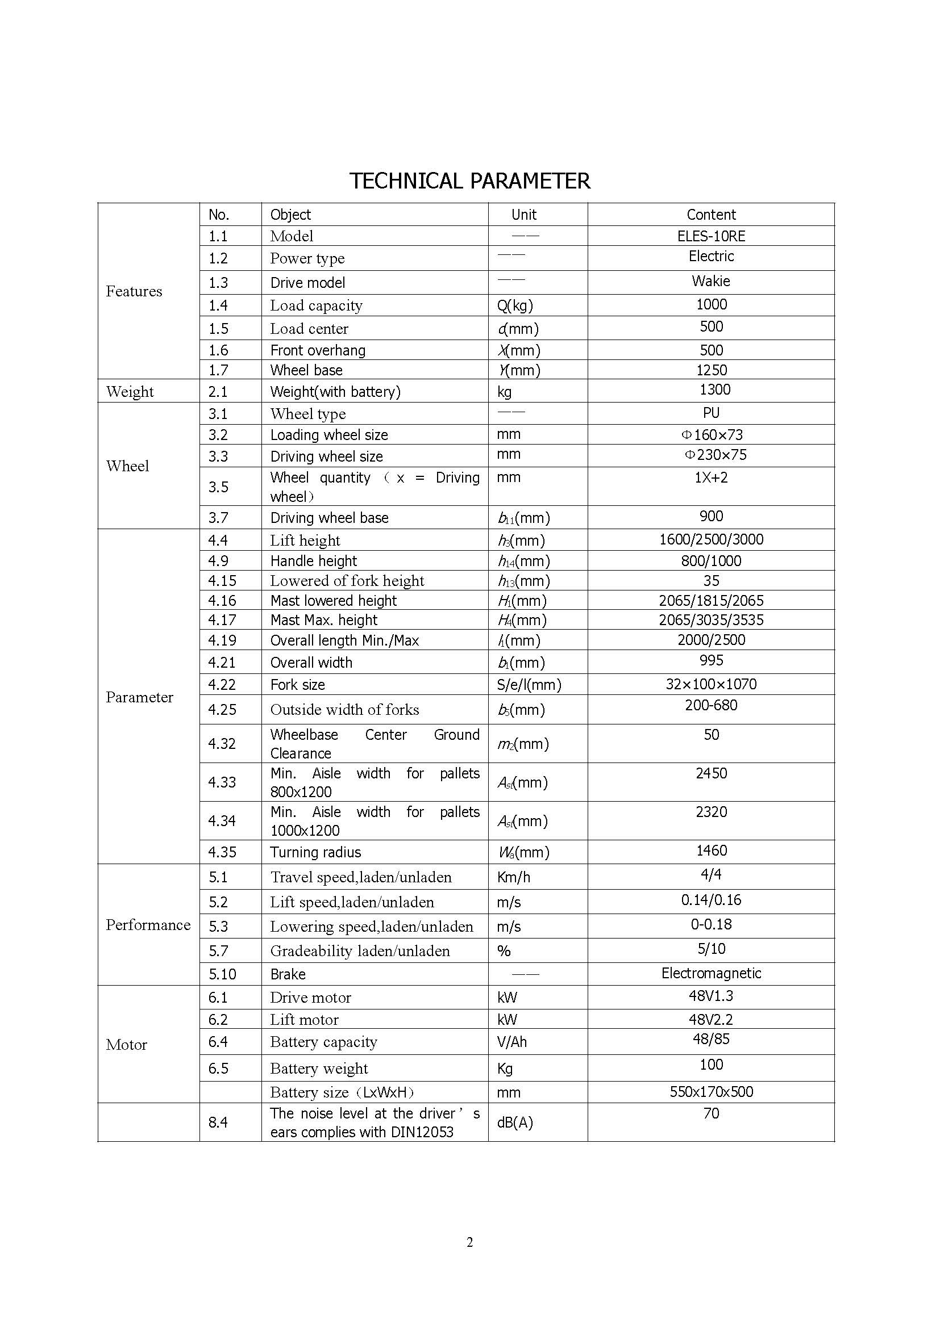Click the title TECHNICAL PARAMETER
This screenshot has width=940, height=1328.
(469, 181)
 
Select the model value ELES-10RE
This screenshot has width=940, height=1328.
(711, 236)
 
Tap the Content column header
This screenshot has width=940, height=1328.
(711, 215)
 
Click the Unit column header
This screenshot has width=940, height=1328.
(523, 215)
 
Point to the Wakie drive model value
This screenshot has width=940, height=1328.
(711, 281)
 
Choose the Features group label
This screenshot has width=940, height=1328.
(134, 291)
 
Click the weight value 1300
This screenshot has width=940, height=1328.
(714, 389)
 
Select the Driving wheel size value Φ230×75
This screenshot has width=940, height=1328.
(716, 455)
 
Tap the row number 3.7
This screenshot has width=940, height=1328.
(218, 518)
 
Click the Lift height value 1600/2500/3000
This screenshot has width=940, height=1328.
(711, 539)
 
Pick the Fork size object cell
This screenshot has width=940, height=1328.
(297, 685)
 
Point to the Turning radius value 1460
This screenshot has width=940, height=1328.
(711, 851)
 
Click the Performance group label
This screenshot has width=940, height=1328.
(148, 925)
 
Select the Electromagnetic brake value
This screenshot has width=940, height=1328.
(711, 973)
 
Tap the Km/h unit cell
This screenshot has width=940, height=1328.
(513, 877)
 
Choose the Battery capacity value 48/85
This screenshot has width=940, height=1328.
(711, 1039)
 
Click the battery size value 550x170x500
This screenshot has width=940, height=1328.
(711, 1091)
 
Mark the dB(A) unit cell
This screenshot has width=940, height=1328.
(514, 1122)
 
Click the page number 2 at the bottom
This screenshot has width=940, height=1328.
(469, 1242)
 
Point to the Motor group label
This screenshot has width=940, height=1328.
(126, 1045)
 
